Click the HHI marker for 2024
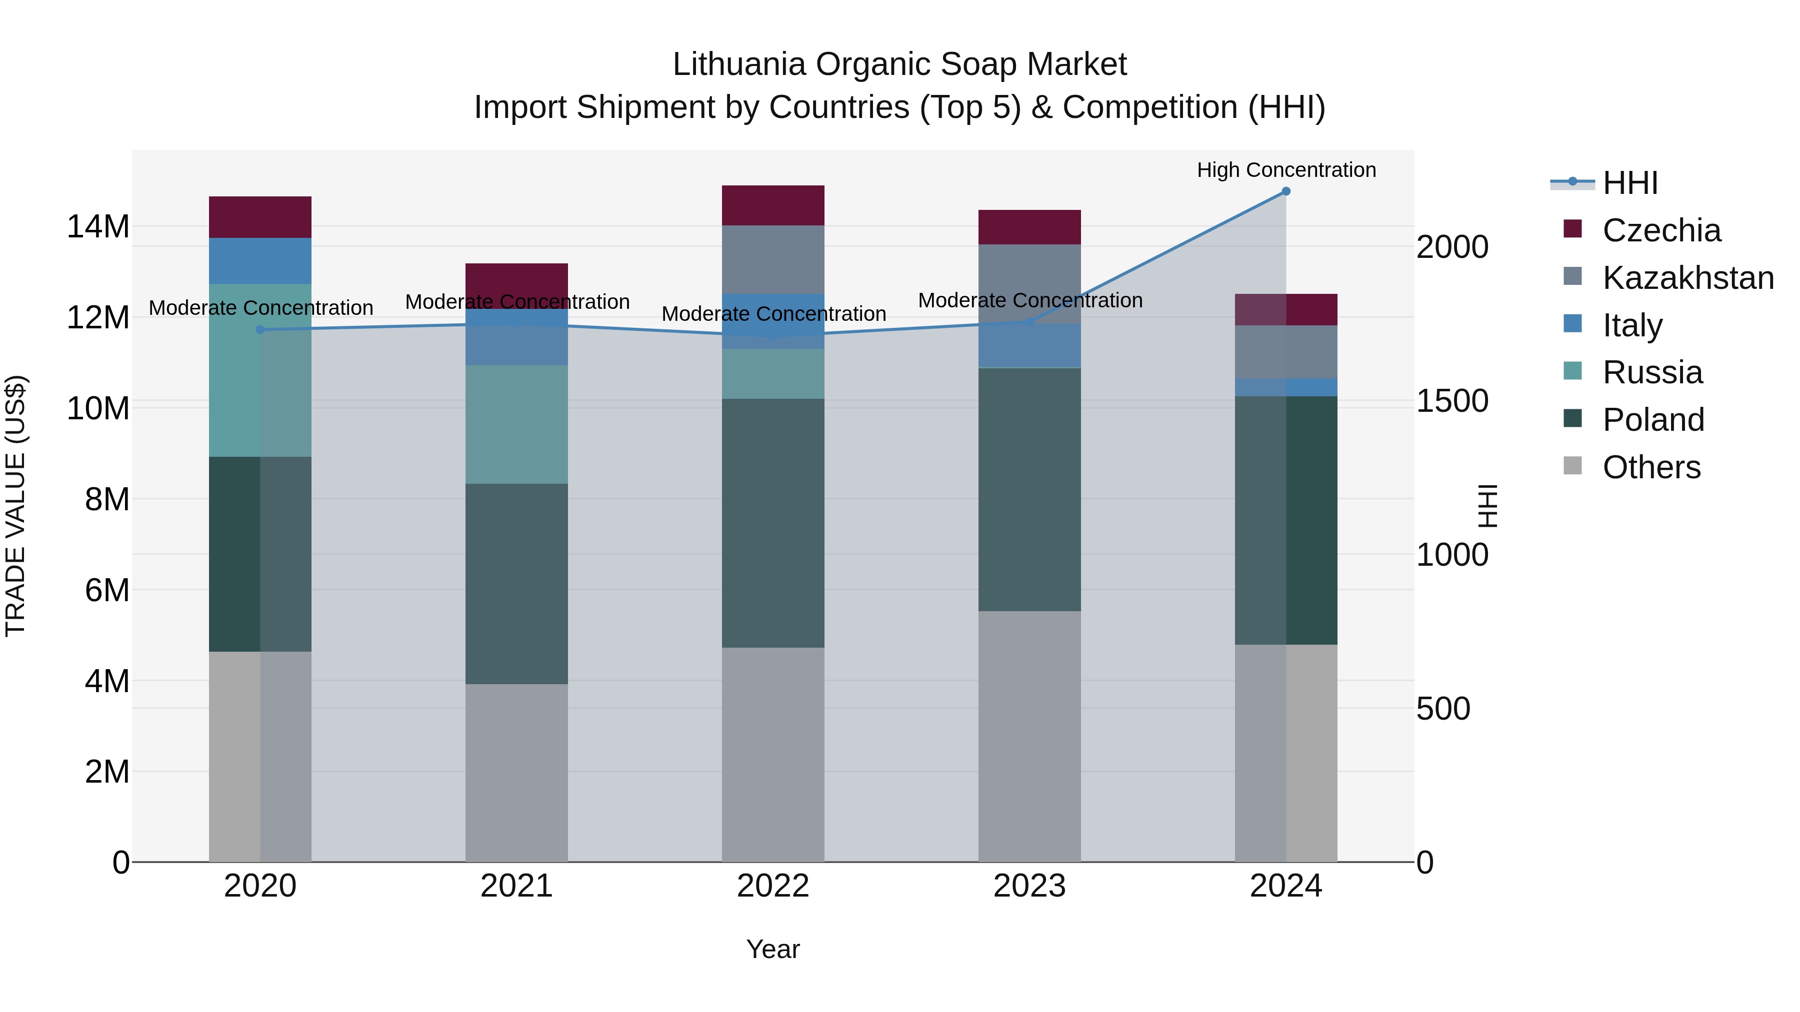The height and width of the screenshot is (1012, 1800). [x=1285, y=191]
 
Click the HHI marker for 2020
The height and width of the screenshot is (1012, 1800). [x=260, y=330]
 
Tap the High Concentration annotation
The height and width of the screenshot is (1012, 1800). [x=1285, y=170]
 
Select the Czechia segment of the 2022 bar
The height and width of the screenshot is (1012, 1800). [x=773, y=205]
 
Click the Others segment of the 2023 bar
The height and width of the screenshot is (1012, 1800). [x=1029, y=736]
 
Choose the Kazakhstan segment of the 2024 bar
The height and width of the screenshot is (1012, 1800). [x=1285, y=352]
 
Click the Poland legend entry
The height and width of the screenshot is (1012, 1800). [x=1652, y=420]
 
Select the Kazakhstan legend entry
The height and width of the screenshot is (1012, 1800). [x=1687, y=278]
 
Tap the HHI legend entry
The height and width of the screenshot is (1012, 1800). [x=1629, y=183]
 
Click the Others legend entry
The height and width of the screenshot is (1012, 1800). [x=1650, y=467]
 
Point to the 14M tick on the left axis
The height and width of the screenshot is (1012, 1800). [x=98, y=227]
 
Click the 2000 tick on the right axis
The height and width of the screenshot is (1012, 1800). [x=1452, y=247]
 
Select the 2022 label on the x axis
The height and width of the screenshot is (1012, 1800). [x=773, y=886]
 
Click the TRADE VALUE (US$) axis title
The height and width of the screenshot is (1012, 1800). [x=15, y=506]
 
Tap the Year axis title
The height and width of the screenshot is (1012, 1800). [x=773, y=949]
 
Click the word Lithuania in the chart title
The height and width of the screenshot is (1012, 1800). [x=739, y=64]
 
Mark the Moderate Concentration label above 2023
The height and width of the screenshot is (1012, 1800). [x=1030, y=300]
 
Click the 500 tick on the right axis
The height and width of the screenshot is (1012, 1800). [x=1443, y=709]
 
